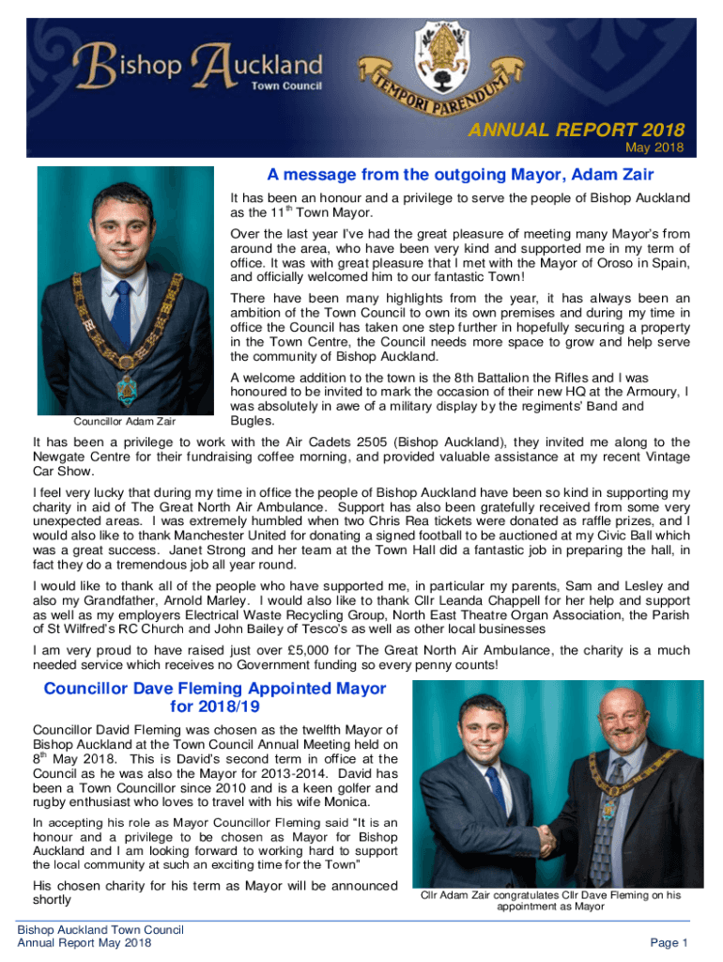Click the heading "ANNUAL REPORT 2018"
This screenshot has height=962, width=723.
click(x=577, y=130)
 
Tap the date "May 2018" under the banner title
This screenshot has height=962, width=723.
click(x=654, y=147)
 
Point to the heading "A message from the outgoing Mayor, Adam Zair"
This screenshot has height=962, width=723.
click(x=460, y=175)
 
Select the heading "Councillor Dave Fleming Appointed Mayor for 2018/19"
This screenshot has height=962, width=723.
click(x=215, y=697)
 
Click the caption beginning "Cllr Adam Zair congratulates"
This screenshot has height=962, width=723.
click(x=550, y=901)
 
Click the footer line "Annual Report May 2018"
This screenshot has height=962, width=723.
click(x=85, y=942)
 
